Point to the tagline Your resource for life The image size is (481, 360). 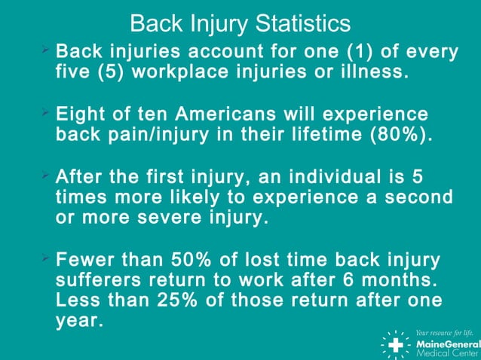click(x=446, y=331)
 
